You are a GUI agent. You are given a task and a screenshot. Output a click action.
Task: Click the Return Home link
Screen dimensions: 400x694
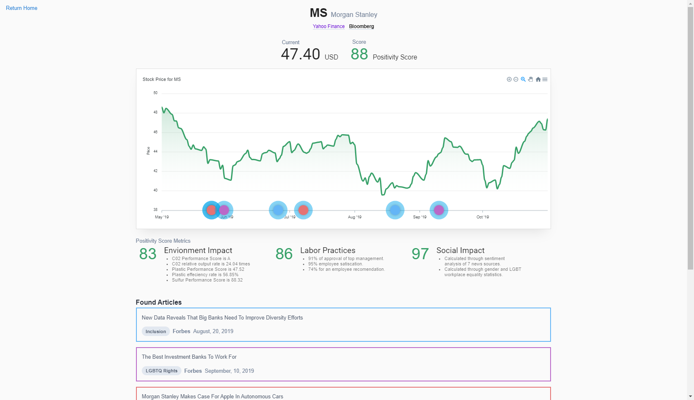(21, 8)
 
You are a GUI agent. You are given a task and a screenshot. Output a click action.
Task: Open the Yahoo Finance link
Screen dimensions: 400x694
(329, 26)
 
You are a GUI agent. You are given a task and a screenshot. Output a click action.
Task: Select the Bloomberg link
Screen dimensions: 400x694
(361, 26)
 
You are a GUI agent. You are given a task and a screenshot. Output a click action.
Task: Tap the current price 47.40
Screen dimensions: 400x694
(300, 54)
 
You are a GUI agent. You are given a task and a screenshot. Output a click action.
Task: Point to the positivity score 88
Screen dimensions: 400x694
(359, 54)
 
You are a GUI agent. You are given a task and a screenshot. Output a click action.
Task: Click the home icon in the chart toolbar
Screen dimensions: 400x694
(538, 80)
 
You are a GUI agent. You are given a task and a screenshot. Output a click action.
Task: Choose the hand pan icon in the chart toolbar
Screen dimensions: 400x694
(531, 79)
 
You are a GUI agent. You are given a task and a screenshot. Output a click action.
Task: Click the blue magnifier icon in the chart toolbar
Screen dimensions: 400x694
(523, 79)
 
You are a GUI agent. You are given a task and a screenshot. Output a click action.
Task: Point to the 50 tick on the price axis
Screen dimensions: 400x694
(155, 93)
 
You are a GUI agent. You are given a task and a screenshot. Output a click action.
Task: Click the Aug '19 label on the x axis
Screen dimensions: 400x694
(355, 217)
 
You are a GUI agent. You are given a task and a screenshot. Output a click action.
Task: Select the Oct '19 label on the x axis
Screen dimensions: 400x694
(482, 217)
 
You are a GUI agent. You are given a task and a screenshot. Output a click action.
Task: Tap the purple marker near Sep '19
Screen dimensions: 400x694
(439, 210)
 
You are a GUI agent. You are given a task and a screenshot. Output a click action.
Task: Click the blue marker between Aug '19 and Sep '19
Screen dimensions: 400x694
(395, 210)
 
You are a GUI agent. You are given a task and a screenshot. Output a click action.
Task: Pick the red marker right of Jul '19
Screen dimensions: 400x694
(303, 210)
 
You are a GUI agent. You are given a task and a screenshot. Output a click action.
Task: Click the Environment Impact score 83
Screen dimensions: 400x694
(148, 254)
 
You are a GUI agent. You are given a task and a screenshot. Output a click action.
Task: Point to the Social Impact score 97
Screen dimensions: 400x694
(420, 254)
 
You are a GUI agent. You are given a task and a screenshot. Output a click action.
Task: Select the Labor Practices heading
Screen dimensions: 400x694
(328, 251)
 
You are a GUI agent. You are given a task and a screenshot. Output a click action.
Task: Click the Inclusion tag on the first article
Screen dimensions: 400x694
(156, 331)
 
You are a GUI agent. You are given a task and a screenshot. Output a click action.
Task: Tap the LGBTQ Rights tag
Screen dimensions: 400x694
(162, 371)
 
